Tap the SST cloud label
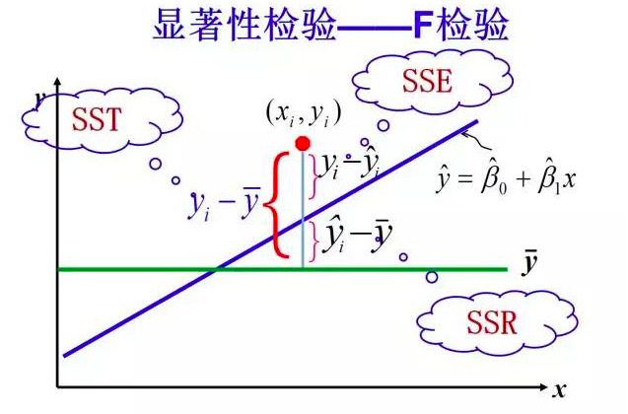click(96, 121)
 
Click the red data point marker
click(303, 143)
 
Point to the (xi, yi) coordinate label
click(303, 113)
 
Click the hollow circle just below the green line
click(432, 277)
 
